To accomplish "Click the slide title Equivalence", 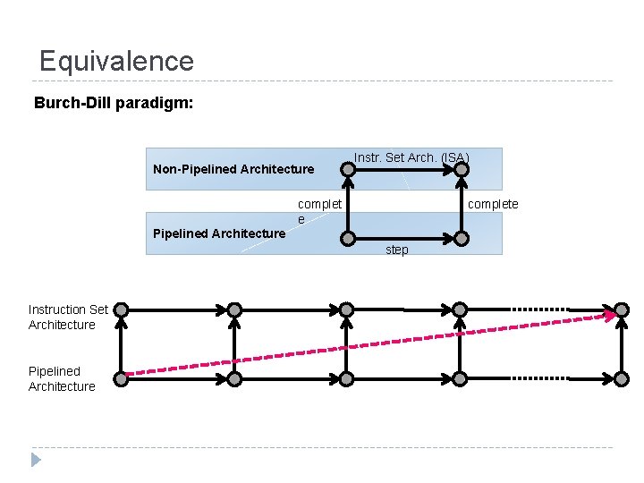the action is (x=116, y=61).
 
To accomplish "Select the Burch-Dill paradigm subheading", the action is (x=113, y=103).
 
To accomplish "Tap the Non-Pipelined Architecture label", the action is (x=233, y=169).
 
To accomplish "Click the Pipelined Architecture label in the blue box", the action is (x=219, y=233).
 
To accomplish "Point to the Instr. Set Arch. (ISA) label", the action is (x=411, y=158).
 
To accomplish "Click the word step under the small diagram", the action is (x=397, y=250).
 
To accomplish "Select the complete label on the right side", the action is (x=493, y=204).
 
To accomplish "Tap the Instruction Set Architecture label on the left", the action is (x=68, y=317).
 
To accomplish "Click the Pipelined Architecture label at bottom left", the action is (x=62, y=378).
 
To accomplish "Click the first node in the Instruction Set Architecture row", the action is (x=121, y=309).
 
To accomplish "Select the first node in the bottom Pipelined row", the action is (x=121, y=378).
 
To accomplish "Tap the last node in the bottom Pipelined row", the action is (x=622, y=378).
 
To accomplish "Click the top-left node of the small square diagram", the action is (x=349, y=167).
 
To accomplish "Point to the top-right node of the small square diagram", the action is (x=461, y=167).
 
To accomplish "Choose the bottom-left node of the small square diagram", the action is (x=349, y=238).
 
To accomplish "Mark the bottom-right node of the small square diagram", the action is (x=461, y=238).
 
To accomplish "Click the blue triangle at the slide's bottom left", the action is (x=36, y=460).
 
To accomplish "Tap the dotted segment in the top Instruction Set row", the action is (x=538, y=309).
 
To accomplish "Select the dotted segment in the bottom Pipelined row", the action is (x=538, y=378).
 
